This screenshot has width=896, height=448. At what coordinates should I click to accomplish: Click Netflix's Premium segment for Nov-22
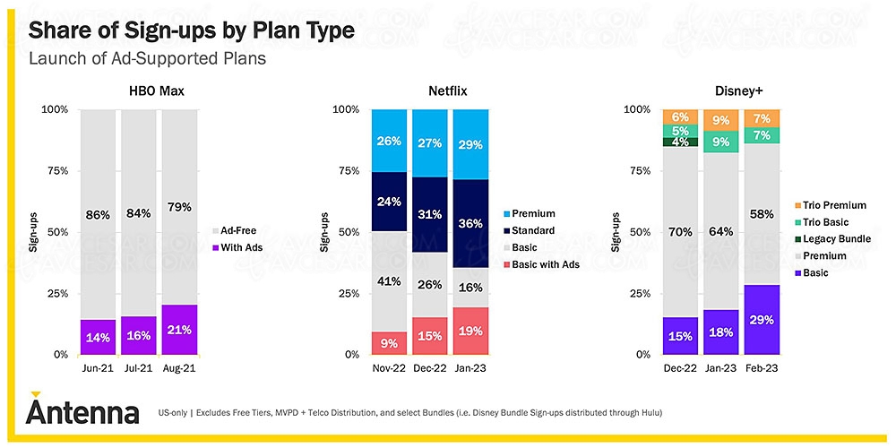click(x=388, y=141)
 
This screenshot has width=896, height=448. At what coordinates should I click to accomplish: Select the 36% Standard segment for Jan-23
click(x=470, y=224)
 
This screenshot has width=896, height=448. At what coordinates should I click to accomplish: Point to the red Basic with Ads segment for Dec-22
click(x=429, y=336)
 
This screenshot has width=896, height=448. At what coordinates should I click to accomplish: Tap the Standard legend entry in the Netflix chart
click(x=532, y=230)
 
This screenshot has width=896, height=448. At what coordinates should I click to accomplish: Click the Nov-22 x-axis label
click(x=388, y=367)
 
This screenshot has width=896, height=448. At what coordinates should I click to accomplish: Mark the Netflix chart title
click(x=429, y=90)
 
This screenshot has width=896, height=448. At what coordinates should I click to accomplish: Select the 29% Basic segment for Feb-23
click(x=761, y=320)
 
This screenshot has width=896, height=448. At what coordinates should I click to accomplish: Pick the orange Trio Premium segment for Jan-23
click(x=719, y=120)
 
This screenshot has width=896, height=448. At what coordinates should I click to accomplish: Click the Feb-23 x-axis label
click(x=761, y=367)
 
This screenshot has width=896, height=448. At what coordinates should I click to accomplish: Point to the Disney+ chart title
click(x=719, y=90)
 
